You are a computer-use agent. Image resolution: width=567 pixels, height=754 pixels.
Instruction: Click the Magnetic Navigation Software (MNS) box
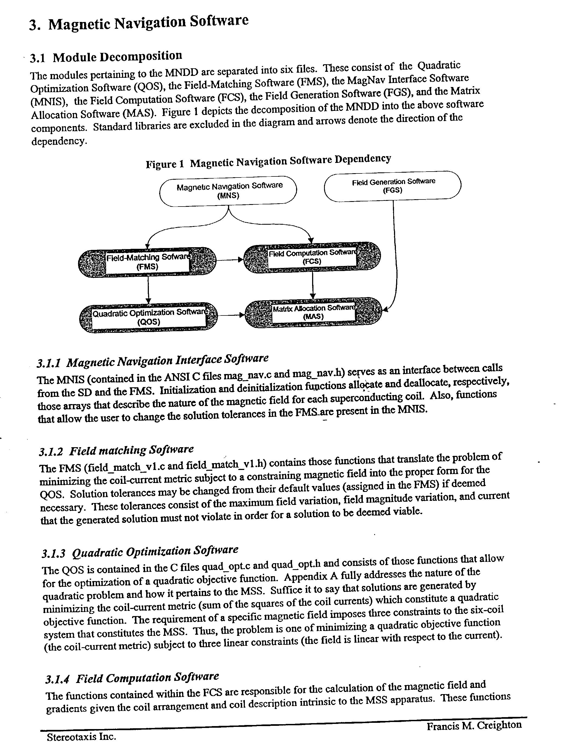228,191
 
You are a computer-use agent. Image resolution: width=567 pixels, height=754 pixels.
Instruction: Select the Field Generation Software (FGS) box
392,186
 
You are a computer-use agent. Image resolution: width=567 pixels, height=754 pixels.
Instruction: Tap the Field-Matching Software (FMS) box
147,262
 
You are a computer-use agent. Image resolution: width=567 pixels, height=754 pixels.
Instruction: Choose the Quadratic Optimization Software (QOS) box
149,317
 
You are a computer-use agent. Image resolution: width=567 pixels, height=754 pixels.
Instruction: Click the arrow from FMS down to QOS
148,290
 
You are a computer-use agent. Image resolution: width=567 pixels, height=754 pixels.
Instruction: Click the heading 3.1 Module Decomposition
106,57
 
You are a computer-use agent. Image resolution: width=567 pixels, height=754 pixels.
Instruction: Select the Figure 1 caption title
268,161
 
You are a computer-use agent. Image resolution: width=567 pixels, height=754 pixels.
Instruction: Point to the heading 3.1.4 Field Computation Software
132,678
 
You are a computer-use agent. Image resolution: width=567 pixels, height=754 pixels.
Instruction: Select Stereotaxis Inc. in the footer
81,737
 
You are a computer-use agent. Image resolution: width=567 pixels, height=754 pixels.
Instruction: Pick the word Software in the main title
219,21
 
